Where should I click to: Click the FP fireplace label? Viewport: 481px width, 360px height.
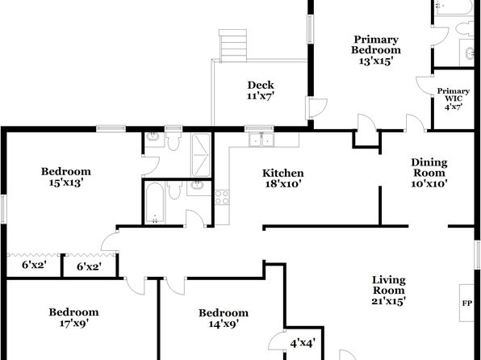tap(467, 303)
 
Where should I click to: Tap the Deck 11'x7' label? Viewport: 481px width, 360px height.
tap(261, 90)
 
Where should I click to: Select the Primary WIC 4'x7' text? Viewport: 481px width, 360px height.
tap(454, 98)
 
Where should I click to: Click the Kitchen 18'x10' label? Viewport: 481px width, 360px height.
tap(282, 178)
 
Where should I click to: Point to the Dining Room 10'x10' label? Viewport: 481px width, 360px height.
tap(429, 173)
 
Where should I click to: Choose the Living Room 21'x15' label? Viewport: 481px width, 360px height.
tap(389, 291)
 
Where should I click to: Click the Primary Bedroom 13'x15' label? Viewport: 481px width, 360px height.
tap(376, 50)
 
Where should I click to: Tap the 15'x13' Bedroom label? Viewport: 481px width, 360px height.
tap(66, 177)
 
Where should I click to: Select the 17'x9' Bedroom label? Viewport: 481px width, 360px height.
tap(73, 317)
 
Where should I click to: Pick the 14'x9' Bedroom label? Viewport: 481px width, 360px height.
tap(224, 318)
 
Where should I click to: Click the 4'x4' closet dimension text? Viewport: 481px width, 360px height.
tap(303, 343)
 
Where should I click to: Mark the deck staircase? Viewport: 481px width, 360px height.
tap(232, 45)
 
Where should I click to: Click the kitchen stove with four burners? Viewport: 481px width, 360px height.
tap(222, 197)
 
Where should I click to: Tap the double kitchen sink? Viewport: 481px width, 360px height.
tap(261, 140)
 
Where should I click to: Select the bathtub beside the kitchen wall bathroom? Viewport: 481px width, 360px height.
tap(155, 203)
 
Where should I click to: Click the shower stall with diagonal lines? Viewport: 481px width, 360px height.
tap(201, 155)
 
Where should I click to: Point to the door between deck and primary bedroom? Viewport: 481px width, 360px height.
tap(316, 107)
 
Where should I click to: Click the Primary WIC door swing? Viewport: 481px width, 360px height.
tap(425, 85)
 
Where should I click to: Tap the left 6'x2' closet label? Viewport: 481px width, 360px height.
tap(34, 265)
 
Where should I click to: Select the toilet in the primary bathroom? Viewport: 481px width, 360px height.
tap(465, 28)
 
